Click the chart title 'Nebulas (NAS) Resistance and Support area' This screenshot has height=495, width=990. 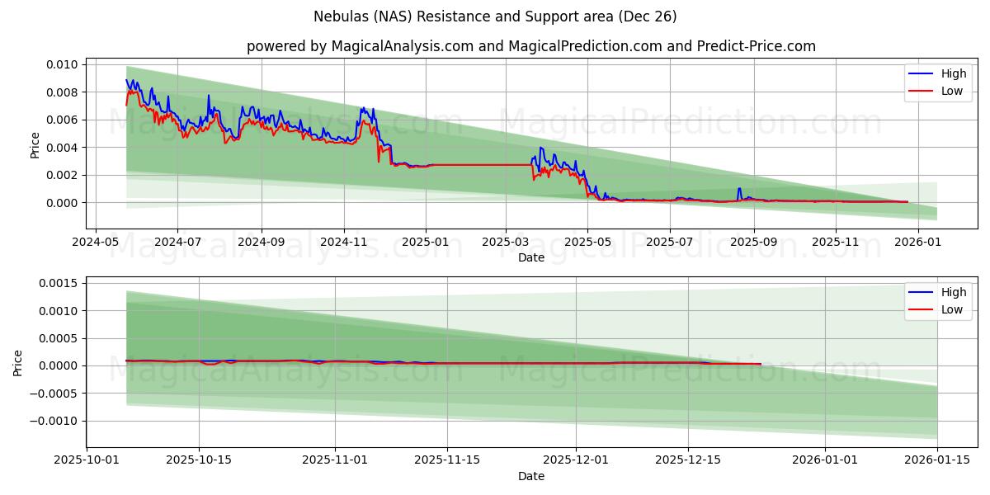click(495, 16)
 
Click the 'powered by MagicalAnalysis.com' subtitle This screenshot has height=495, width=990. click(530, 46)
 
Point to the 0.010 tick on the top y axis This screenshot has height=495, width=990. click(62, 64)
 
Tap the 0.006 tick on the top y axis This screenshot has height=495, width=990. click(62, 120)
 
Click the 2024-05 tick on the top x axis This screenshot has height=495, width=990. click(96, 243)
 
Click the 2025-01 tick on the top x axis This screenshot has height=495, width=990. click(426, 243)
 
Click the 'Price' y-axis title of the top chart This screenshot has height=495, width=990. click(35, 145)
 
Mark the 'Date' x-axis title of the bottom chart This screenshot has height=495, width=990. click(530, 476)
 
